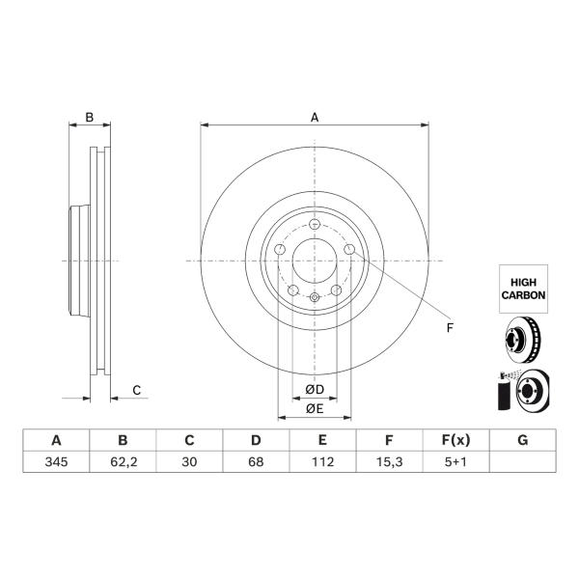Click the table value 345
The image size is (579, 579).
point(56,461)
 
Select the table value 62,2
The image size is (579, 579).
point(124,462)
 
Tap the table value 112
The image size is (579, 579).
point(322,461)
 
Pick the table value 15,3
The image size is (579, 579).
point(389,462)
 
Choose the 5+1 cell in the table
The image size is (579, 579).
point(455,461)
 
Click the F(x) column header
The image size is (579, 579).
point(455,440)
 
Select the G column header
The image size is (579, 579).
point(522,440)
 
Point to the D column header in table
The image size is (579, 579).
point(256,440)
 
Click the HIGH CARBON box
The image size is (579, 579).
point(523,289)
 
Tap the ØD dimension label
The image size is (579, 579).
point(315,389)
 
